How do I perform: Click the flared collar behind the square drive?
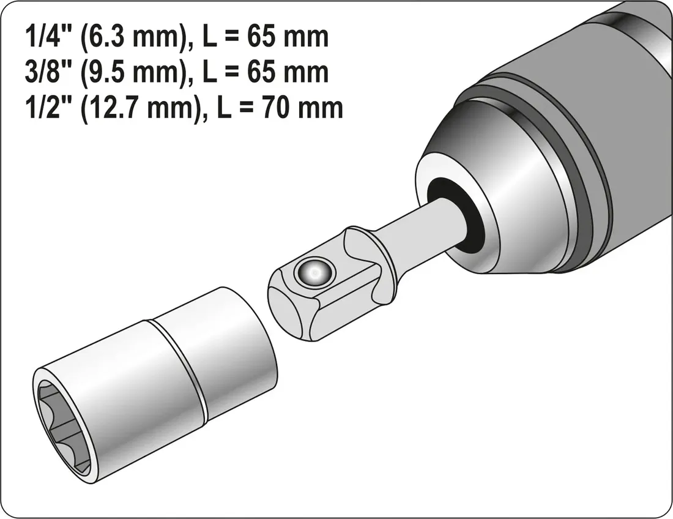click(367, 263)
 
